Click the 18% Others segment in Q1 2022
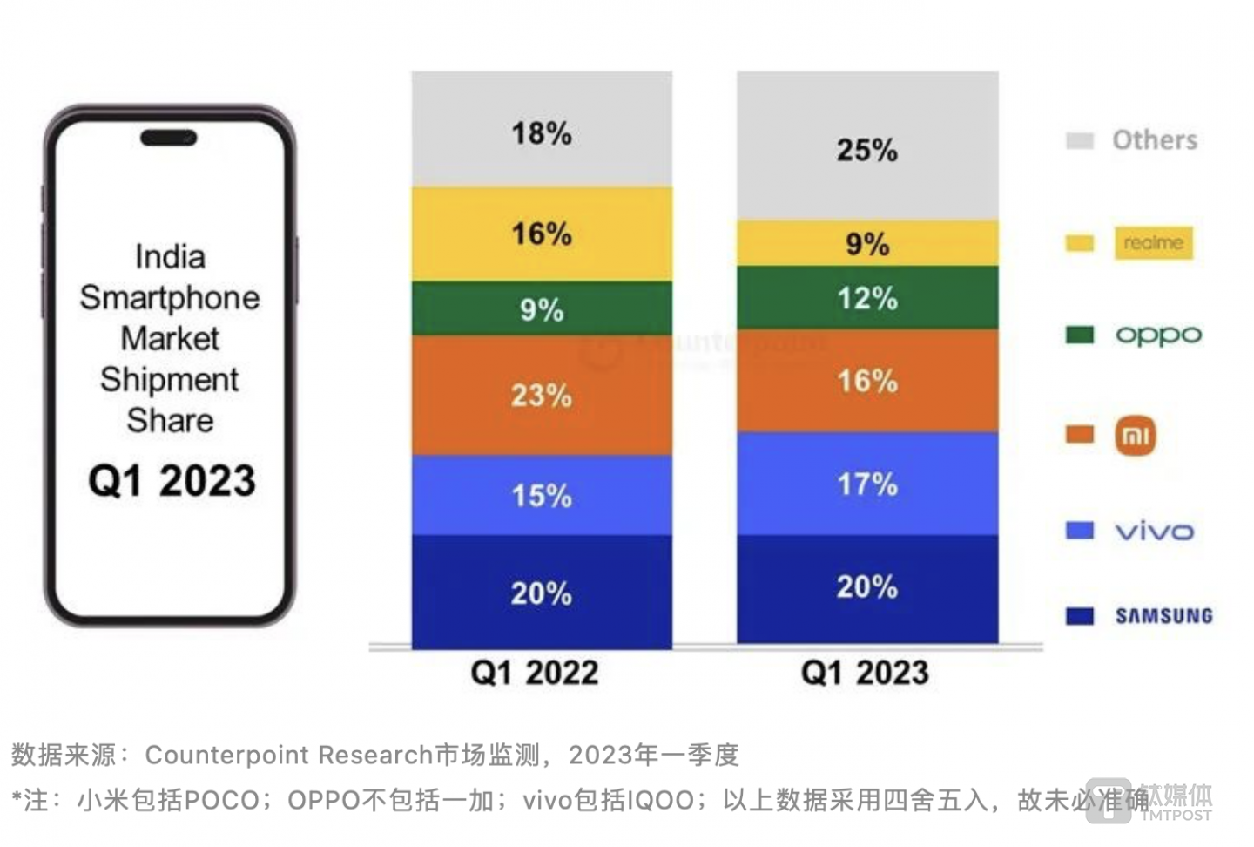click(x=542, y=131)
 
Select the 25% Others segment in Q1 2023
click(x=867, y=148)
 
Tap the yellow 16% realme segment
click(x=542, y=234)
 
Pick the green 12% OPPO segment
click(x=867, y=298)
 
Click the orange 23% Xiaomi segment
click(x=542, y=395)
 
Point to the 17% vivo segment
click(x=867, y=484)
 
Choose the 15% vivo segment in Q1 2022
click(x=542, y=495)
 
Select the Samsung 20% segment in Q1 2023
click(x=867, y=587)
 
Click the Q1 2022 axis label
click(x=535, y=673)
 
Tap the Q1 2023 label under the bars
click(x=865, y=673)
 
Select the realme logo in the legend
click(x=1153, y=243)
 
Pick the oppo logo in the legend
click(x=1158, y=335)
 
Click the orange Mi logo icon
click(x=1136, y=436)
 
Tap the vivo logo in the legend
click(x=1154, y=531)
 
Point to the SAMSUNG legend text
click(x=1164, y=616)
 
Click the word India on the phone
click(x=170, y=257)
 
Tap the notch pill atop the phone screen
click(x=169, y=138)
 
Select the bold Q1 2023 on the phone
click(x=172, y=480)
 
